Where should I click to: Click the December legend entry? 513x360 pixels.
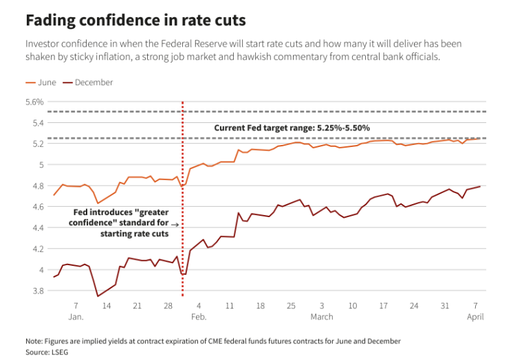coord(92,82)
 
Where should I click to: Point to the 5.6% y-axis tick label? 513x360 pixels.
coord(34,102)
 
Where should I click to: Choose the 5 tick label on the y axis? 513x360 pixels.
coord(41,165)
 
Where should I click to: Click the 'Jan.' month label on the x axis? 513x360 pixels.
coord(76,317)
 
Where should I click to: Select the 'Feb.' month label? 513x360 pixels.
coord(199,317)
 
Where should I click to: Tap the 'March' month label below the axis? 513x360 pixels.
coord(321,317)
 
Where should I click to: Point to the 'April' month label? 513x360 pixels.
coord(475,317)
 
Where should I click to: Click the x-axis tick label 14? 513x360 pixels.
coord(107,306)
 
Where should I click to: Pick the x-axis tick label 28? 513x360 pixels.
coord(168,306)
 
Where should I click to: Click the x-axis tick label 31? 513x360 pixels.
coord(445,306)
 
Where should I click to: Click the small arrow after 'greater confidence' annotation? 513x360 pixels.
coord(175,224)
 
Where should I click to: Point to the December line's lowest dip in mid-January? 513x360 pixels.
coord(98,296)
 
